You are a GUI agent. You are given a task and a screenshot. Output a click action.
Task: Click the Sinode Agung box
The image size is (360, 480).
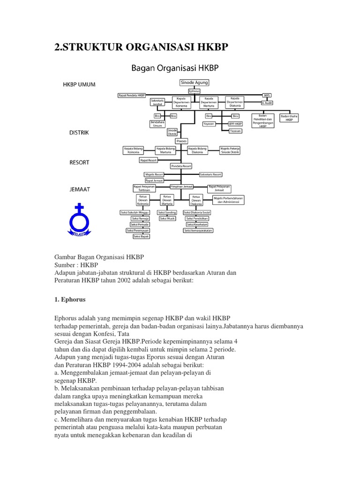click(194, 82)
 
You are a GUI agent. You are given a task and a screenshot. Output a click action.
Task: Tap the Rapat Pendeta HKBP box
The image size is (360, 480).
click(132, 95)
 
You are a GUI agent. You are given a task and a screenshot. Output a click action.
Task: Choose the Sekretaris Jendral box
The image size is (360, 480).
click(157, 102)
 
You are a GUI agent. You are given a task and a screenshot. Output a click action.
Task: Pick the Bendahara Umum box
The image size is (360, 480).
click(157, 125)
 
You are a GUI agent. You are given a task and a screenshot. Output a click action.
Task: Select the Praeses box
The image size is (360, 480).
click(181, 141)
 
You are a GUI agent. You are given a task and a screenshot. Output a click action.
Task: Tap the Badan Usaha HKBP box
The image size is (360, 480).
click(289, 118)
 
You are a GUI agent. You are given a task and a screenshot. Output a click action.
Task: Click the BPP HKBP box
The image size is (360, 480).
click(235, 124)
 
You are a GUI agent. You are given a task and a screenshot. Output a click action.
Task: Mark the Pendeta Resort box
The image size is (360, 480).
click(181, 166)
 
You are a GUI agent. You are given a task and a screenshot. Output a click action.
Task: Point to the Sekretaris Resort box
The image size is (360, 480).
click(210, 174)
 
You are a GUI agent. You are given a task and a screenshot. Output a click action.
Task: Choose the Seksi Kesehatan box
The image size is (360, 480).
click(196, 225)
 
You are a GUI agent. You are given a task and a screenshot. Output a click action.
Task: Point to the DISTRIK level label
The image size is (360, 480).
click(79, 133)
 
